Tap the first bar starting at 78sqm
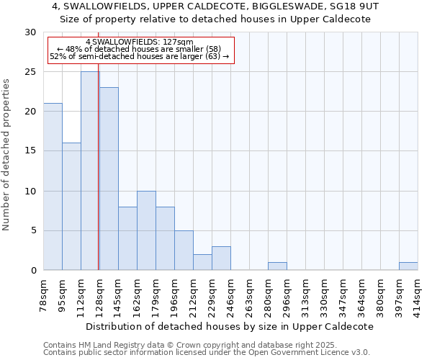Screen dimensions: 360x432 click(53, 186)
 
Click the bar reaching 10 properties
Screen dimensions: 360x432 click(146, 230)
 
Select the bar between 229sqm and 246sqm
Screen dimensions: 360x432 click(221, 258)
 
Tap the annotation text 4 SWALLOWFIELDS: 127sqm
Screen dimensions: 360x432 click(140, 42)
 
